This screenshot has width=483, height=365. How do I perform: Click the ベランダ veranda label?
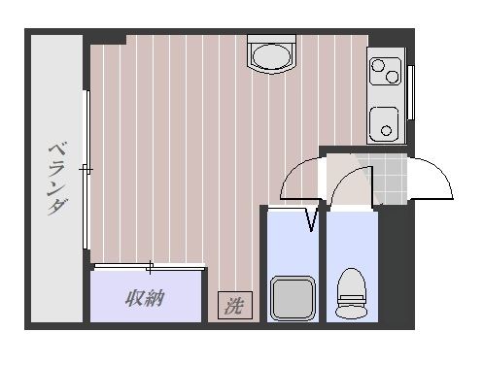[x=57, y=179]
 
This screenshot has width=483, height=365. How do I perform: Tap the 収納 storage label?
[x=143, y=298]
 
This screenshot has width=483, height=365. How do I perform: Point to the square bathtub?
[x=293, y=297]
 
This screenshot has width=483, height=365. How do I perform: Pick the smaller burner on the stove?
[x=376, y=66]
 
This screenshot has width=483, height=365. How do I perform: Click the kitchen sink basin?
[x=385, y=123]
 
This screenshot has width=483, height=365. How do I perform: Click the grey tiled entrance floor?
[x=391, y=181]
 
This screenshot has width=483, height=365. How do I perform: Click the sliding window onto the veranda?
[x=87, y=170]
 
